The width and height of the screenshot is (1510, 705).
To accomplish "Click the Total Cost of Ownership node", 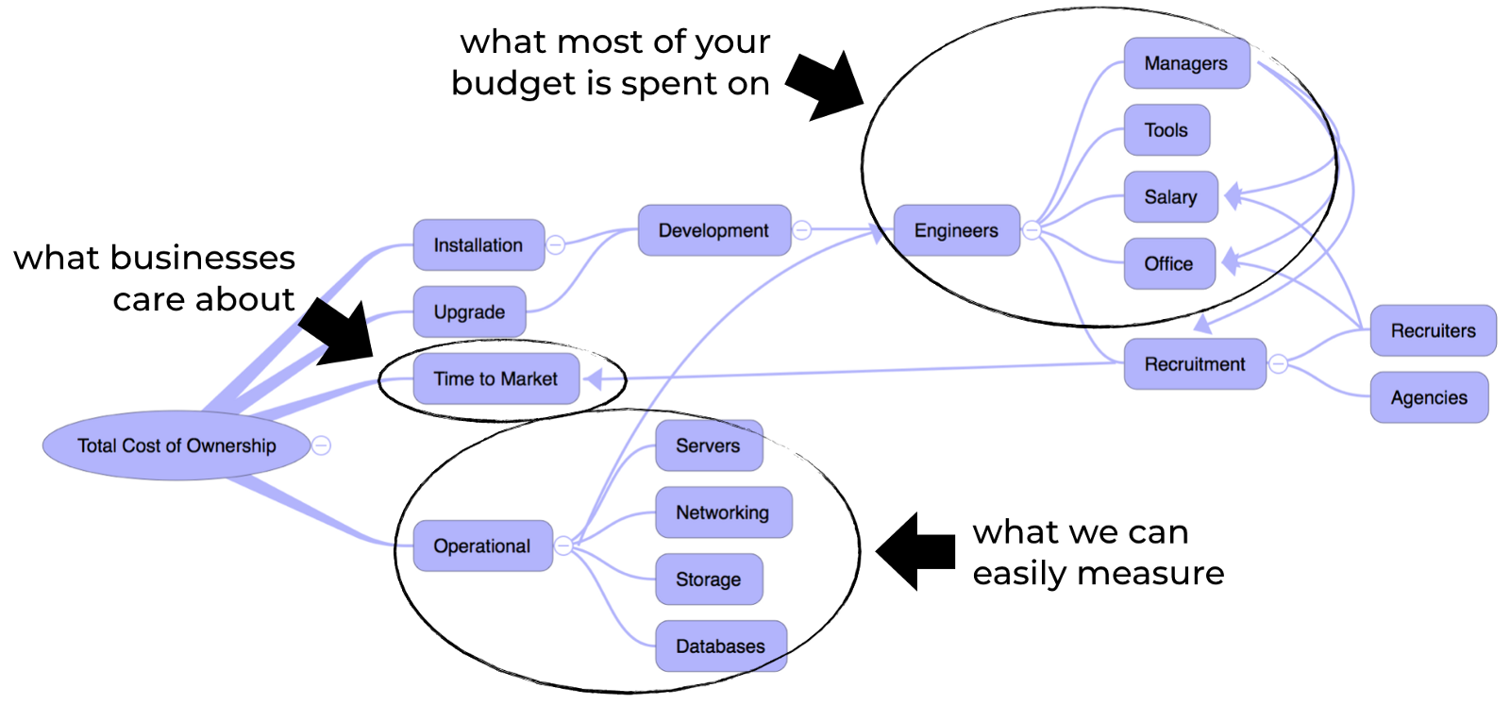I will pyautogui.click(x=176, y=445).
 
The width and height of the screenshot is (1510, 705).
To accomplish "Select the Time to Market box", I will pyautogui.click(x=495, y=378).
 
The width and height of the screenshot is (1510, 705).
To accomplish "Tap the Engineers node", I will pyautogui.click(x=956, y=230).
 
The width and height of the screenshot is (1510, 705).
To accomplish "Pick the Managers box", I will pyautogui.click(x=1185, y=63).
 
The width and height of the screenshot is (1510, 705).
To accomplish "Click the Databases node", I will pyautogui.click(x=720, y=646).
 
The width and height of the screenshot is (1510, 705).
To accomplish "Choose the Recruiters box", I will pyautogui.click(x=1433, y=330).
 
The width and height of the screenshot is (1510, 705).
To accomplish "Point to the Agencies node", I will pyautogui.click(x=1429, y=397).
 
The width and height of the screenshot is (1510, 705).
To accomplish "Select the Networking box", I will pyautogui.click(x=722, y=512).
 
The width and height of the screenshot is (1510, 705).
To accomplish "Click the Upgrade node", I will pyautogui.click(x=469, y=311).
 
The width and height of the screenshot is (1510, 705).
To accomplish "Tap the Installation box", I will pyautogui.click(x=478, y=245).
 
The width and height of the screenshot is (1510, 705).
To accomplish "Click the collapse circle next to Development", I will pyautogui.click(x=802, y=230).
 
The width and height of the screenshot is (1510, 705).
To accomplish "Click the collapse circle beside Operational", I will pyautogui.click(x=563, y=546).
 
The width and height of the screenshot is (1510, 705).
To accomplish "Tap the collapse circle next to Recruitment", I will pyautogui.click(x=1278, y=363).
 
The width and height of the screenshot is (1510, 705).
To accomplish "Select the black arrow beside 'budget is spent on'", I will pyautogui.click(x=823, y=85).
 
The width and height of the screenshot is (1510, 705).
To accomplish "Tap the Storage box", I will pyautogui.click(x=708, y=579).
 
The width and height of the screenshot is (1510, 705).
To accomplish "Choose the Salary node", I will pyautogui.click(x=1170, y=197).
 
